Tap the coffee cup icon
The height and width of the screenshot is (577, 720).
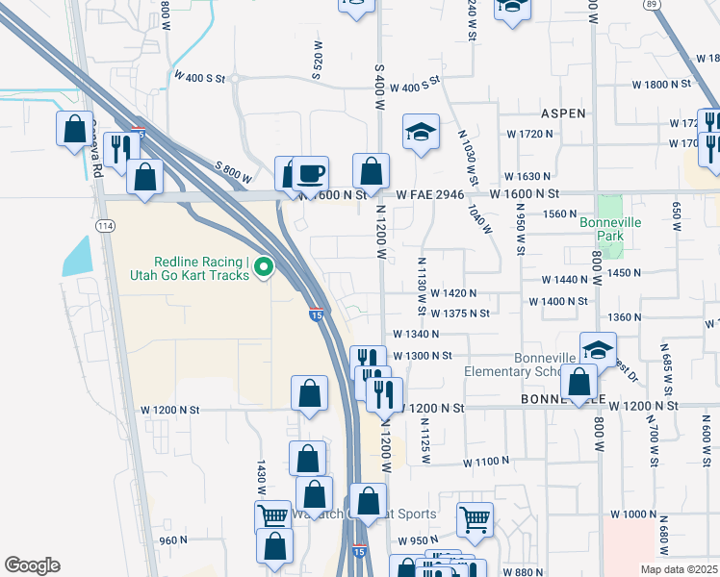click(310, 173)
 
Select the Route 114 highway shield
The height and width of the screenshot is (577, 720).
click(103, 226)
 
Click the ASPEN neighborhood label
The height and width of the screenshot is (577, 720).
click(563, 113)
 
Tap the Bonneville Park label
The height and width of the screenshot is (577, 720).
click(609, 229)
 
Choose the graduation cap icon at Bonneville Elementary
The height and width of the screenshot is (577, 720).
click(598, 348)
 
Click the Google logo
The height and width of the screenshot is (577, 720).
click(32, 565)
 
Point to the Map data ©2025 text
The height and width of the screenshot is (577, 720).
click(680, 569)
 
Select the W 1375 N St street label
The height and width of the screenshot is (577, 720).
click(459, 314)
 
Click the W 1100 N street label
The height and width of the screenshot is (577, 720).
click(485, 463)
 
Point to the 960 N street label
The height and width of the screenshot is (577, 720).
click(173, 540)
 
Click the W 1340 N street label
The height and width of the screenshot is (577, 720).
click(415, 335)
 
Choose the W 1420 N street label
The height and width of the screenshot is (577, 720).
click(453, 292)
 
